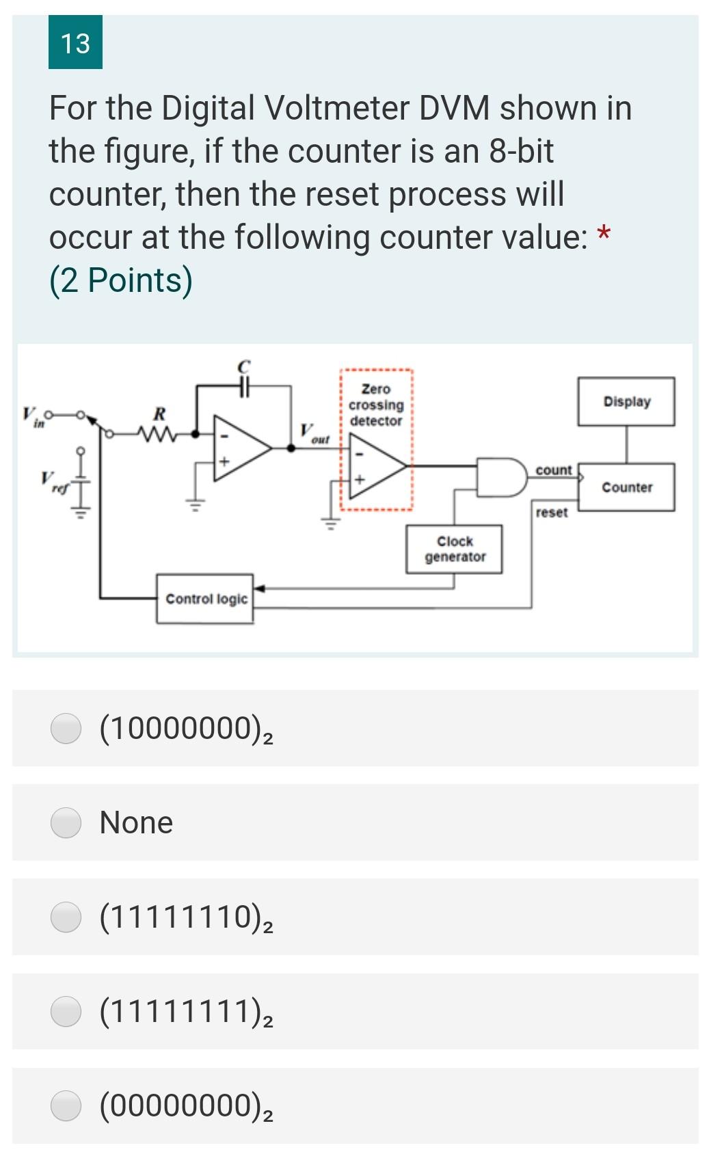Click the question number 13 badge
75,42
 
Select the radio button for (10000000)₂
66,728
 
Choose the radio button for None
66,822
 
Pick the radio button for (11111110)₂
66,917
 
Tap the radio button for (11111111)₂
66,1012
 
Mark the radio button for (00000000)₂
66,1106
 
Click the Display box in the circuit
626,401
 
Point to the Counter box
626,487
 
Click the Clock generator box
455,549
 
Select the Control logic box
205,599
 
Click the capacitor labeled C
244,387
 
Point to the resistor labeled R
159,433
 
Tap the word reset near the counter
551,513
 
